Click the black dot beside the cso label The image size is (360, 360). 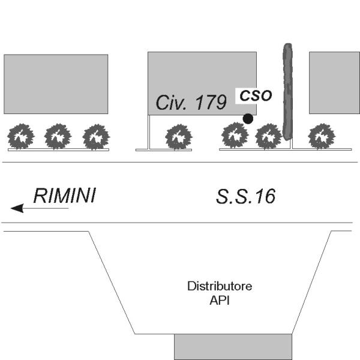pyautogui.click(x=248, y=119)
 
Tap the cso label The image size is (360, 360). pyautogui.click(x=256, y=95)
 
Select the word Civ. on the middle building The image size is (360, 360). pyautogui.click(x=170, y=103)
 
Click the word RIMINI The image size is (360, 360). pyautogui.click(x=65, y=196)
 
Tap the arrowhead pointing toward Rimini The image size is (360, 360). pyautogui.click(x=17, y=208)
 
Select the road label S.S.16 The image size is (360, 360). pyautogui.click(x=245, y=197)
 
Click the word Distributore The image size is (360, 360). pyautogui.click(x=220, y=286)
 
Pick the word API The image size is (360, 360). pyautogui.click(x=220, y=301)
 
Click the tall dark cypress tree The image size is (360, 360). pyautogui.click(x=287, y=92)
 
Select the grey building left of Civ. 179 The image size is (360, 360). pyautogui.click(x=56, y=84)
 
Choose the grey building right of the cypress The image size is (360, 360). pyautogui.click(x=335, y=83)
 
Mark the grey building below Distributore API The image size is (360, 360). pyautogui.click(x=233, y=347)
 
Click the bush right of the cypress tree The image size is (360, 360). pyautogui.click(x=322, y=136)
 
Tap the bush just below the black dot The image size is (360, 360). pyautogui.click(x=235, y=136)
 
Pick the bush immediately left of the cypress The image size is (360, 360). pyautogui.click(x=268, y=136)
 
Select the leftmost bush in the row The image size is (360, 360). pyautogui.click(x=21, y=136)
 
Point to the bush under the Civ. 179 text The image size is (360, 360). pyautogui.click(x=179, y=137)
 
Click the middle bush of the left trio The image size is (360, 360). pyautogui.click(x=58, y=136)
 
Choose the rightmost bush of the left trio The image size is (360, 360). pyautogui.click(x=96, y=137)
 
